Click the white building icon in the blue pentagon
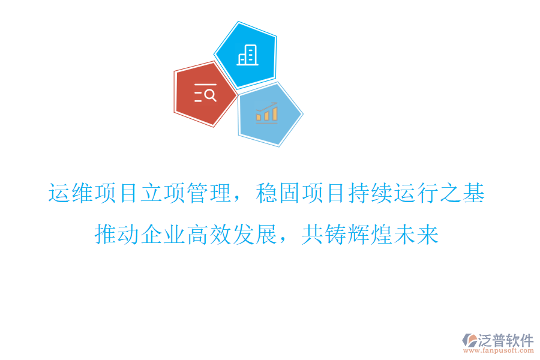pos(248,55)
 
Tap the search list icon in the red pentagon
pos(205,94)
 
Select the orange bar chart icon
pos(266,112)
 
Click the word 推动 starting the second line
pos(116,235)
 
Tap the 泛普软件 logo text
pos(505,340)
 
